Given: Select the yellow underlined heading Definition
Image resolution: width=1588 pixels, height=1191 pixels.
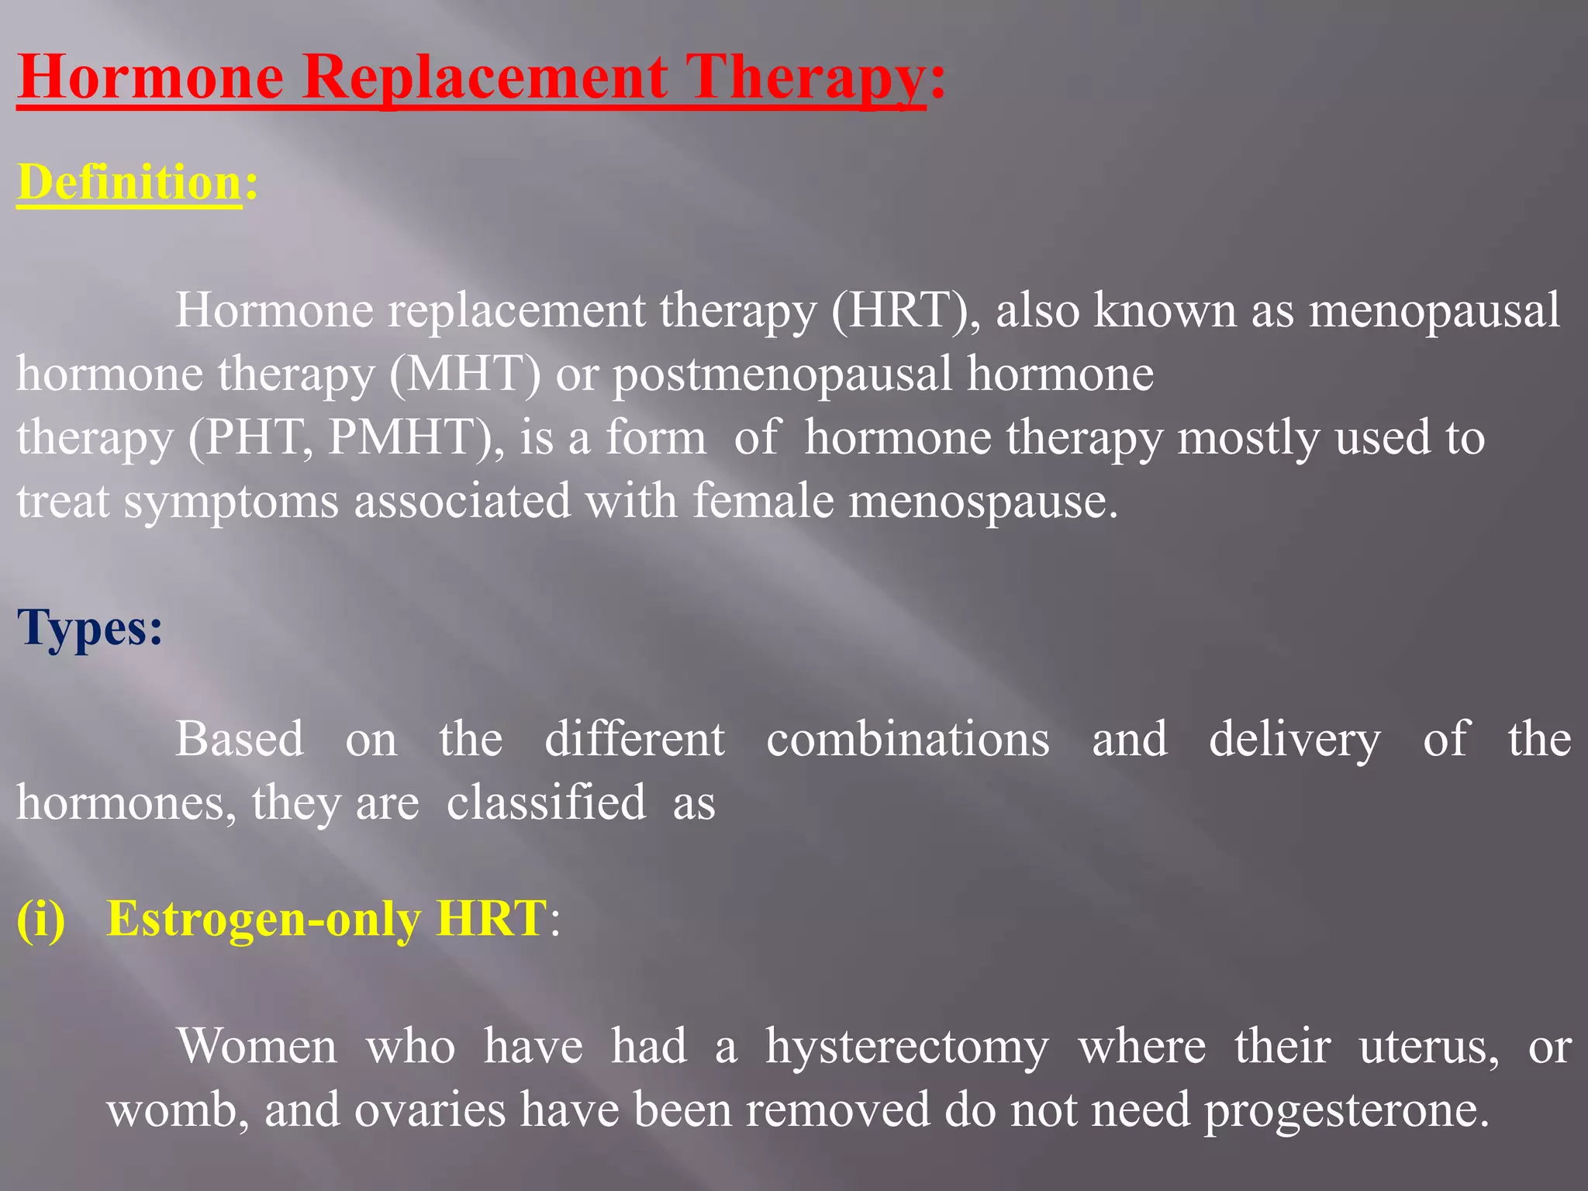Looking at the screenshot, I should [x=129, y=183].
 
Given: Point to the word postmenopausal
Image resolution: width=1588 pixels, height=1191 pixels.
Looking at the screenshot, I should [x=782, y=375].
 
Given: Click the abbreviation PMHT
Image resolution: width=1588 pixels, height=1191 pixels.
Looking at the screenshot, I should [x=410, y=437].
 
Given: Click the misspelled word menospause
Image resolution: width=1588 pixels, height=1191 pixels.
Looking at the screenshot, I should [x=982, y=501].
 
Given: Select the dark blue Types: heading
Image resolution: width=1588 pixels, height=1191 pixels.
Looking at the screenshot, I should [x=90, y=628].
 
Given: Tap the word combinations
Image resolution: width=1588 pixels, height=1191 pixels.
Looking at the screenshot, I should [x=908, y=738].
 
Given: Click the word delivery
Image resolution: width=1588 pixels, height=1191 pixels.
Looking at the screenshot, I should [x=1295, y=740].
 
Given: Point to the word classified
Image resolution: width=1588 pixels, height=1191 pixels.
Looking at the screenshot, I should [x=546, y=802].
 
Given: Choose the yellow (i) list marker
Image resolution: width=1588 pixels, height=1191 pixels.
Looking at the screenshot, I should [x=41, y=919].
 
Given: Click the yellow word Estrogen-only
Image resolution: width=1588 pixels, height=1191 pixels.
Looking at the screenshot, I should [x=264, y=920].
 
